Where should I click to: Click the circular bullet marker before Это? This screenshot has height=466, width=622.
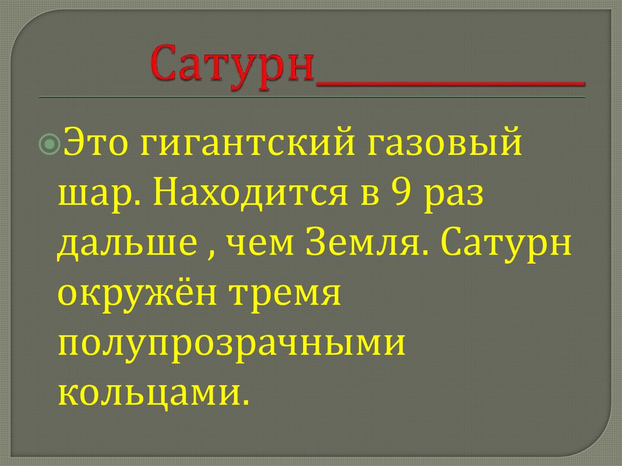[x=52, y=145]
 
